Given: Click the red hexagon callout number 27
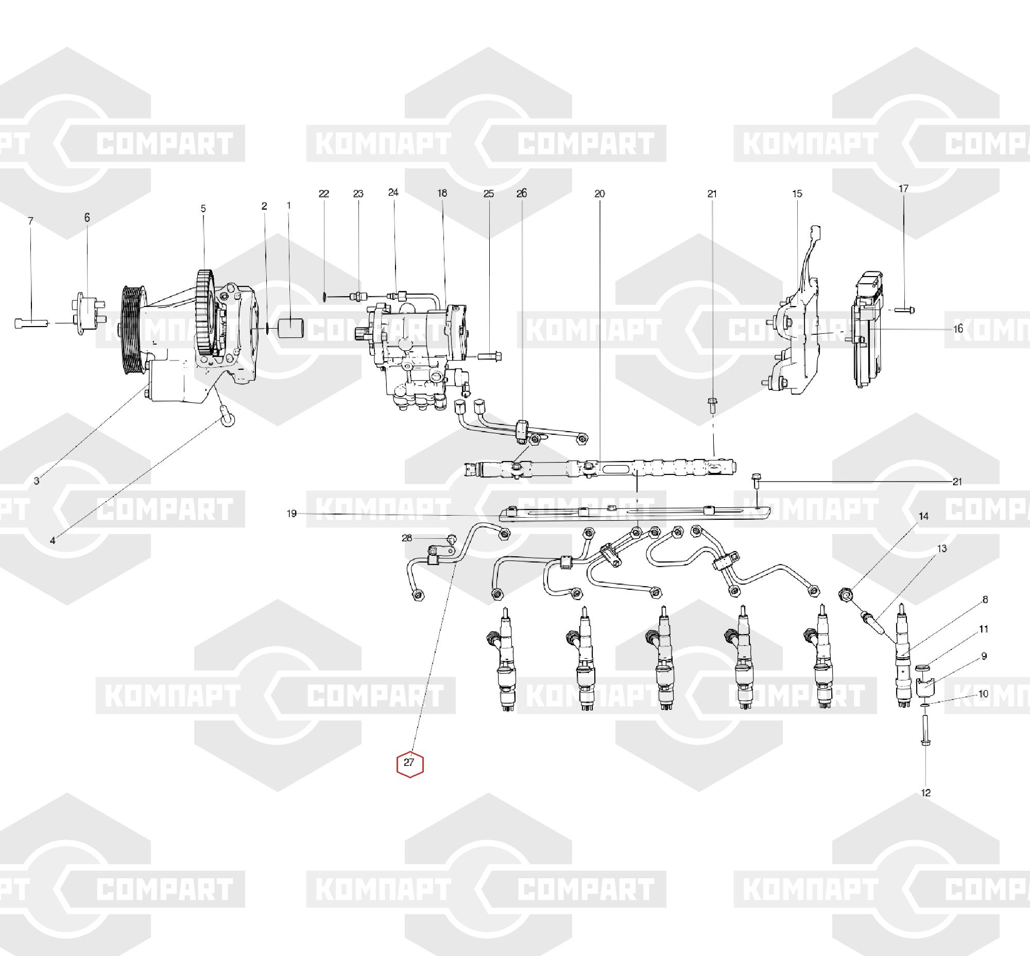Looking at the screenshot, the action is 410,763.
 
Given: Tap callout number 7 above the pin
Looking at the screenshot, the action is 30,221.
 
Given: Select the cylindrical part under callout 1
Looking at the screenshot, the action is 291,329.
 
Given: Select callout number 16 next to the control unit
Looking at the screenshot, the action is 958,329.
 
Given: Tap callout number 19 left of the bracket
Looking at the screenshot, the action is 292,514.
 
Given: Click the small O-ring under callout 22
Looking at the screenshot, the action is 324,297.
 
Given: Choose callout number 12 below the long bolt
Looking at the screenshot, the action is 926,793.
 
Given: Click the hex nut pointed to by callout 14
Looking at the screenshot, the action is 846,595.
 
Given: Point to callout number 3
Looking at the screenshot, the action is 36,481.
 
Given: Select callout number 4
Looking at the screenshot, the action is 52,541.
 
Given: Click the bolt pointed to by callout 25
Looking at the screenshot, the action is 489,356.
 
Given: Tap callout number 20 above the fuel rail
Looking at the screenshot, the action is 599,194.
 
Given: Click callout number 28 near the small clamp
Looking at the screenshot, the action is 407,538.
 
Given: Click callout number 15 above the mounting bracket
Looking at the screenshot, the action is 797,194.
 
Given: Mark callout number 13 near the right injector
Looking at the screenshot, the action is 941,549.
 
